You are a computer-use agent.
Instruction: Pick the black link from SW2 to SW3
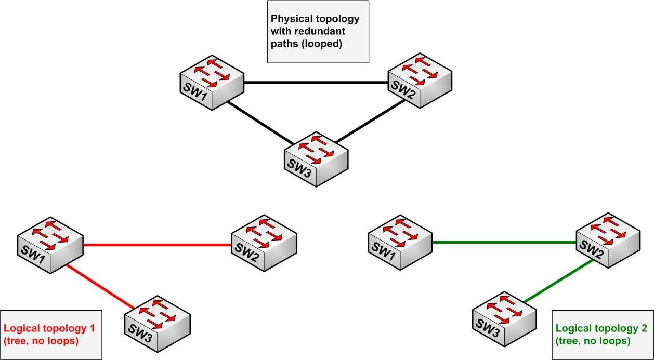pyautogui.click(x=370, y=121)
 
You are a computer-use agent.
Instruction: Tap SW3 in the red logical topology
pyautogui.click(x=156, y=323)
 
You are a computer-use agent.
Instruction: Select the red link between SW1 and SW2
pyautogui.click(x=156, y=245)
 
